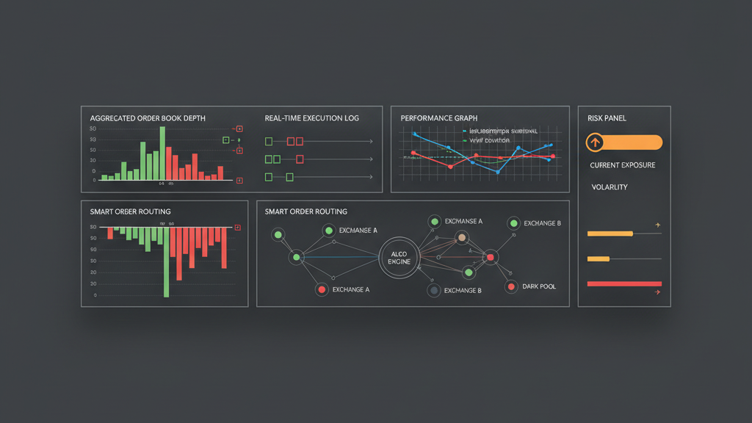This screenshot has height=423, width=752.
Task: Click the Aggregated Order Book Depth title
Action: [148, 118]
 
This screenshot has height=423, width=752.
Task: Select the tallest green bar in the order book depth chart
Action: [162, 153]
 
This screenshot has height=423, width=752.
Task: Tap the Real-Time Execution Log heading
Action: [311, 118]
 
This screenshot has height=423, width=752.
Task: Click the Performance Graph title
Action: [438, 118]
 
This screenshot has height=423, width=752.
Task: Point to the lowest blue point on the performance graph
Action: [497, 172]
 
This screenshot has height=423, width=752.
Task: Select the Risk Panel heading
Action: [607, 118]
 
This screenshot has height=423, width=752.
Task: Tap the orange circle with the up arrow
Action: [595, 142]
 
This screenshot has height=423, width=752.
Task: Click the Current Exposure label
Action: [623, 165]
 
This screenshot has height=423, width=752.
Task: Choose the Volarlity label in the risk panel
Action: [610, 187]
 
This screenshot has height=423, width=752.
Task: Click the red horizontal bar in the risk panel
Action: [624, 283]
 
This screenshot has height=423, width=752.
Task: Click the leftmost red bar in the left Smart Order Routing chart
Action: [110, 233]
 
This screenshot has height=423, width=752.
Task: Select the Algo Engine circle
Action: [399, 258]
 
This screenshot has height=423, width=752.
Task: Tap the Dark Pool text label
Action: [539, 286]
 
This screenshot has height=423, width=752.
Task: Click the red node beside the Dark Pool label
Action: [510, 286]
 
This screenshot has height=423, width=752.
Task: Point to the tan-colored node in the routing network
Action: [461, 237]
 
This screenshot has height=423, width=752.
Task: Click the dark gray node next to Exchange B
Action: [434, 291]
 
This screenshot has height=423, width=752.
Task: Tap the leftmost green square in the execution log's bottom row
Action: [268, 177]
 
